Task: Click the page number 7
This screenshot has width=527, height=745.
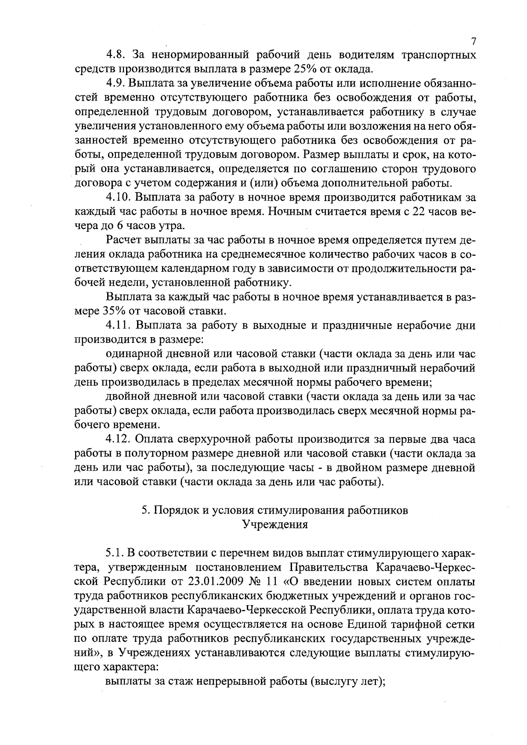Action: pyautogui.click(x=473, y=41)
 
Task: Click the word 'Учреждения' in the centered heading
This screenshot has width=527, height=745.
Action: pyautogui.click(x=275, y=525)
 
